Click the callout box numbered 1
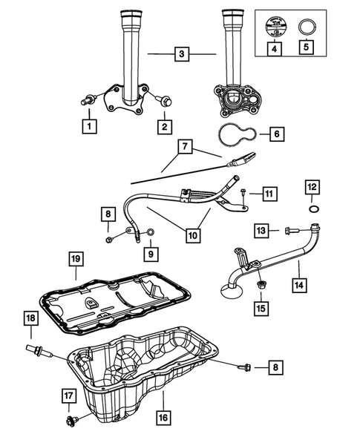[89, 126]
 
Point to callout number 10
[192, 235]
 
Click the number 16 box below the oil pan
[163, 418]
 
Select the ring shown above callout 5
[306, 27]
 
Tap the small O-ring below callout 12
[314, 211]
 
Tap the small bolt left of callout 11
[243, 193]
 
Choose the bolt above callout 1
[88, 98]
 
